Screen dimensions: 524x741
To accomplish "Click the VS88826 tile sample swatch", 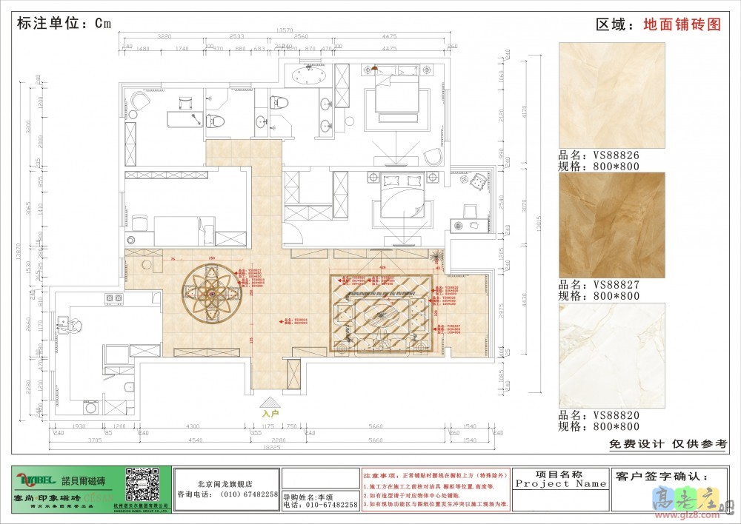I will point(611,95).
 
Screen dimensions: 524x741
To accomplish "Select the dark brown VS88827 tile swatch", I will point(611,225).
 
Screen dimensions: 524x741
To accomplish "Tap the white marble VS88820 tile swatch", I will point(611,355).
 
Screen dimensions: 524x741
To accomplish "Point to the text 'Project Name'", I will point(561,484).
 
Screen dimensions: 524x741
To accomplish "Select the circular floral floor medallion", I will point(214,292).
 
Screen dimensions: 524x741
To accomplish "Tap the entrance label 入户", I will point(270,414).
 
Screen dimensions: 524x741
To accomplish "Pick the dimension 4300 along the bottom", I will point(192,426).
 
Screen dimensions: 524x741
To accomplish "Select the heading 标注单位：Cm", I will point(64,23).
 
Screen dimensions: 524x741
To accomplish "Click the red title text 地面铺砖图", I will point(682,24).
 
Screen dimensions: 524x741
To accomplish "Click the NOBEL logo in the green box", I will point(34,478).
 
